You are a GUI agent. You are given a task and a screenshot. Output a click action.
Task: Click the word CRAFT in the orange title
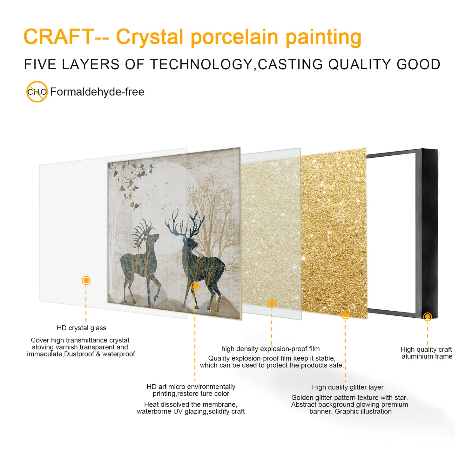(59, 37)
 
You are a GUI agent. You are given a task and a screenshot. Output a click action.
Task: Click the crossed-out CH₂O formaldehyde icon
(37, 92)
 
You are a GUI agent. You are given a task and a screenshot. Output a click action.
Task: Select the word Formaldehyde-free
(97, 92)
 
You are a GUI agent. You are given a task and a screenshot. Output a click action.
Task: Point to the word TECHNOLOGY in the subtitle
(201, 64)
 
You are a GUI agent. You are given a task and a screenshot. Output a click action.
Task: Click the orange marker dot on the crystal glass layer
(86, 280)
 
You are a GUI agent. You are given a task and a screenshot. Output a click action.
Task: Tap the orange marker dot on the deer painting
(195, 286)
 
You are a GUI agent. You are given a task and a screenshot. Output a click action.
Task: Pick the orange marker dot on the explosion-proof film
(271, 303)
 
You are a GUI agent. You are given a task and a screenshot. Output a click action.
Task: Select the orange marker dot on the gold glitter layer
(345, 314)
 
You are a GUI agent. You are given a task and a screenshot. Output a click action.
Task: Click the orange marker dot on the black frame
(428, 316)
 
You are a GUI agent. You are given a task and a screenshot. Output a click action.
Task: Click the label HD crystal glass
(81, 328)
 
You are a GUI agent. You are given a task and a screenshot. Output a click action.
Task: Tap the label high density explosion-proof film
(270, 349)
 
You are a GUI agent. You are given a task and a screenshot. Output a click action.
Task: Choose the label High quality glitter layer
(348, 387)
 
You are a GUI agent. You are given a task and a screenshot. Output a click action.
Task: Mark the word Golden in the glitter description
(302, 398)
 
